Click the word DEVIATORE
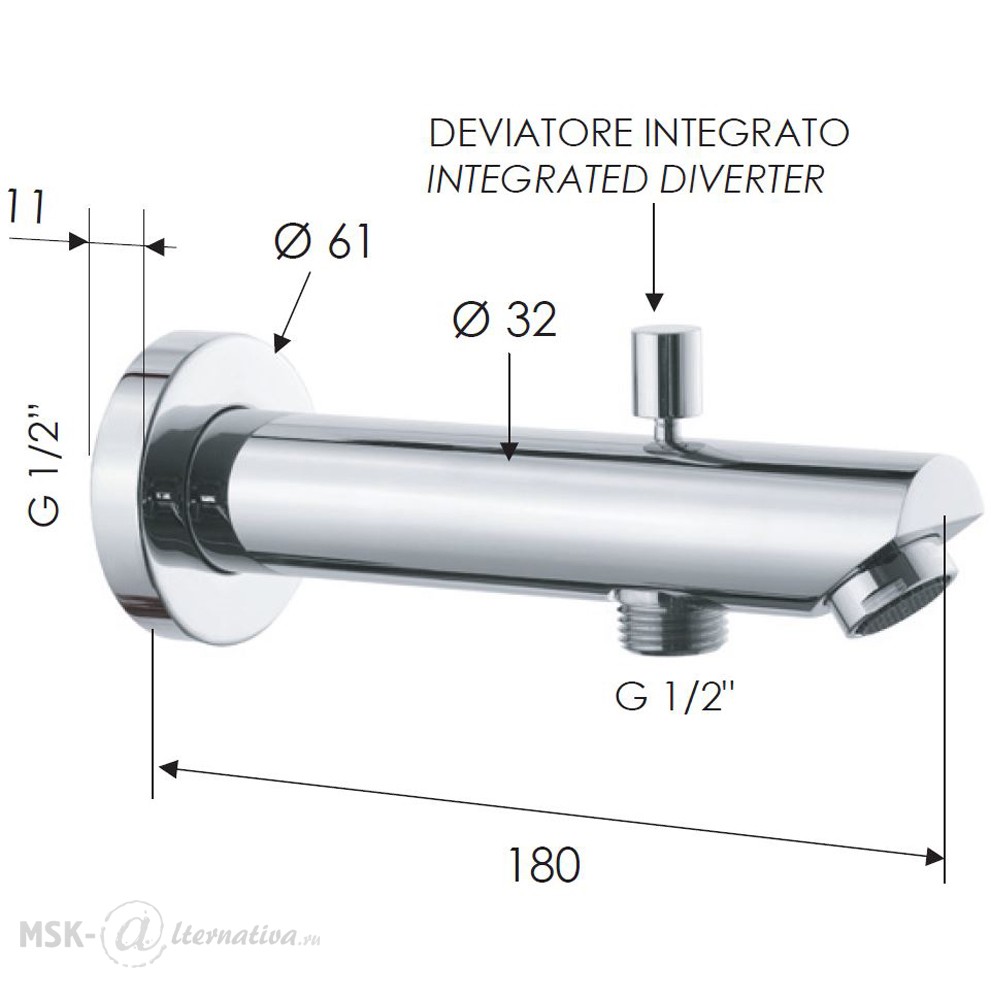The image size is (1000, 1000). point(531,133)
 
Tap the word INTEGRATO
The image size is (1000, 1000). point(747,133)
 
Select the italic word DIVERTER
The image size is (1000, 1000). point(740,179)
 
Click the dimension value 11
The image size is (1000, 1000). point(27,207)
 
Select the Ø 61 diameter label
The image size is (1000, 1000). point(323,243)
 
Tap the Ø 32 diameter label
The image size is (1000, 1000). point(505,319)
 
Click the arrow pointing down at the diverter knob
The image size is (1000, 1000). point(654,257)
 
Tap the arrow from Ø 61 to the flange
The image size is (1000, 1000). point(293,312)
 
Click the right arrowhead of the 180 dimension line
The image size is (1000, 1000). point(935,857)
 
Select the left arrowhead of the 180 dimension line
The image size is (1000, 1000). point(166,769)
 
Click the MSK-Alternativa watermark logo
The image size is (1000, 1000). point(170,936)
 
